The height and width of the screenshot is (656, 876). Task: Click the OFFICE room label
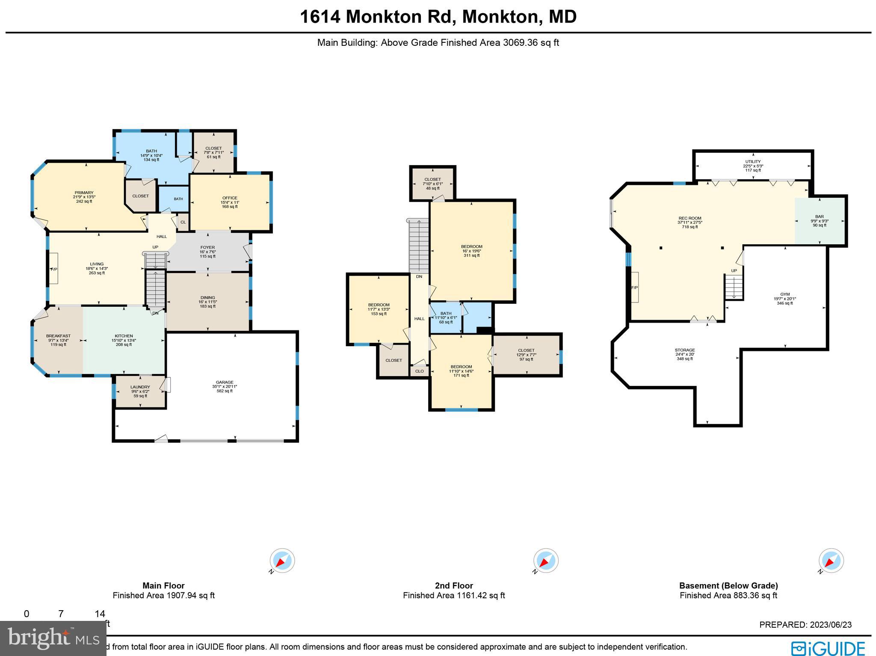230,198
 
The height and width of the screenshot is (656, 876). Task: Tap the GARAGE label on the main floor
225,382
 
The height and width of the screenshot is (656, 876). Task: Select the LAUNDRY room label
140,387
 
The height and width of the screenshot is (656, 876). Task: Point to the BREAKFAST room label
58,336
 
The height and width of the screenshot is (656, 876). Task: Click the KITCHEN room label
124,336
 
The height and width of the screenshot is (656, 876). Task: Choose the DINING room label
208,297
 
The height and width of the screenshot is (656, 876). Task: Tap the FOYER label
208,247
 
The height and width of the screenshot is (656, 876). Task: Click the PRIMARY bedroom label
84,193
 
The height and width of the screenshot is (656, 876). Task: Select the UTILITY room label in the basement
753,162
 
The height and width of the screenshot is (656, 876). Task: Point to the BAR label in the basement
820,217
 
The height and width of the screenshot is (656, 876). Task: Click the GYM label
785,294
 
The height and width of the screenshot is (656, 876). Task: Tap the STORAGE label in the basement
685,350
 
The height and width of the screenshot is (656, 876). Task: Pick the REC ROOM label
690,218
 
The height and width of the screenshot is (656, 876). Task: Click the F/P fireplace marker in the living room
54,269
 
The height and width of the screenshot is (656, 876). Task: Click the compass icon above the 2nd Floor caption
546,561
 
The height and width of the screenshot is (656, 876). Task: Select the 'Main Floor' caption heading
163,586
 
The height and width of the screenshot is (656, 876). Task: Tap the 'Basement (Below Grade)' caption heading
728,586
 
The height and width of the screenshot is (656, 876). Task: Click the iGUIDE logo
828,648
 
